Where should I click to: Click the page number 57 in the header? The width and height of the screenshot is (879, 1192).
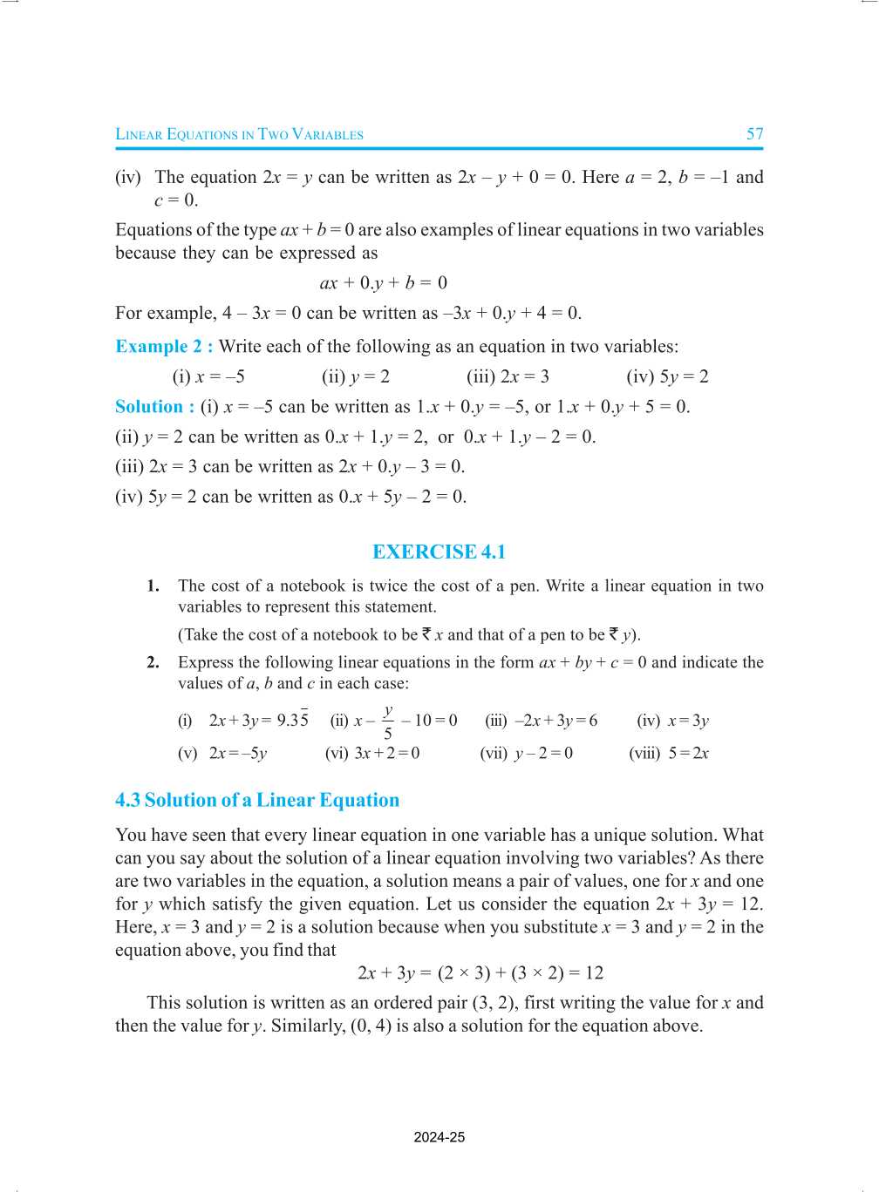754,134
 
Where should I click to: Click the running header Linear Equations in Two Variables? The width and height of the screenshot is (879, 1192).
239,134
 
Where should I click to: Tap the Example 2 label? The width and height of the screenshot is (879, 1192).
164,347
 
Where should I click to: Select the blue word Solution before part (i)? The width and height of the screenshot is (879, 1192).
149,407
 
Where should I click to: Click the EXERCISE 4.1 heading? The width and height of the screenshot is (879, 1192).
439,552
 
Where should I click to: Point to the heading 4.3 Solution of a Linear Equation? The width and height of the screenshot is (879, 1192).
257,800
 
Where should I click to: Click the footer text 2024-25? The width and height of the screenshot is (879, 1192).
439,1137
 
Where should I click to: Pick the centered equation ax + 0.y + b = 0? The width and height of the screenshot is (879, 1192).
384,283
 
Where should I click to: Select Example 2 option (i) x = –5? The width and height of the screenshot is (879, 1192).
208,376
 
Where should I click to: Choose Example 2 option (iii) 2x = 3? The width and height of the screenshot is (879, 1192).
508,376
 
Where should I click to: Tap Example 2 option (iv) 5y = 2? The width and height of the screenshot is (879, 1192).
667,376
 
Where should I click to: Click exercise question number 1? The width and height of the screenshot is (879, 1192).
153,586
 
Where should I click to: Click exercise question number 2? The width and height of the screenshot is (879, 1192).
153,662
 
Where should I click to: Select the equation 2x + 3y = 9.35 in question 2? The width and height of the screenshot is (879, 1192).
258,720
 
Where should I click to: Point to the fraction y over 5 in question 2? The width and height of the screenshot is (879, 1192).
388,722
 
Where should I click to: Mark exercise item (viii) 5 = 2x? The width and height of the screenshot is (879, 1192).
669,753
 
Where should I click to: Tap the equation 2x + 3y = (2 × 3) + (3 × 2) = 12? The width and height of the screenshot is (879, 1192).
480,973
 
